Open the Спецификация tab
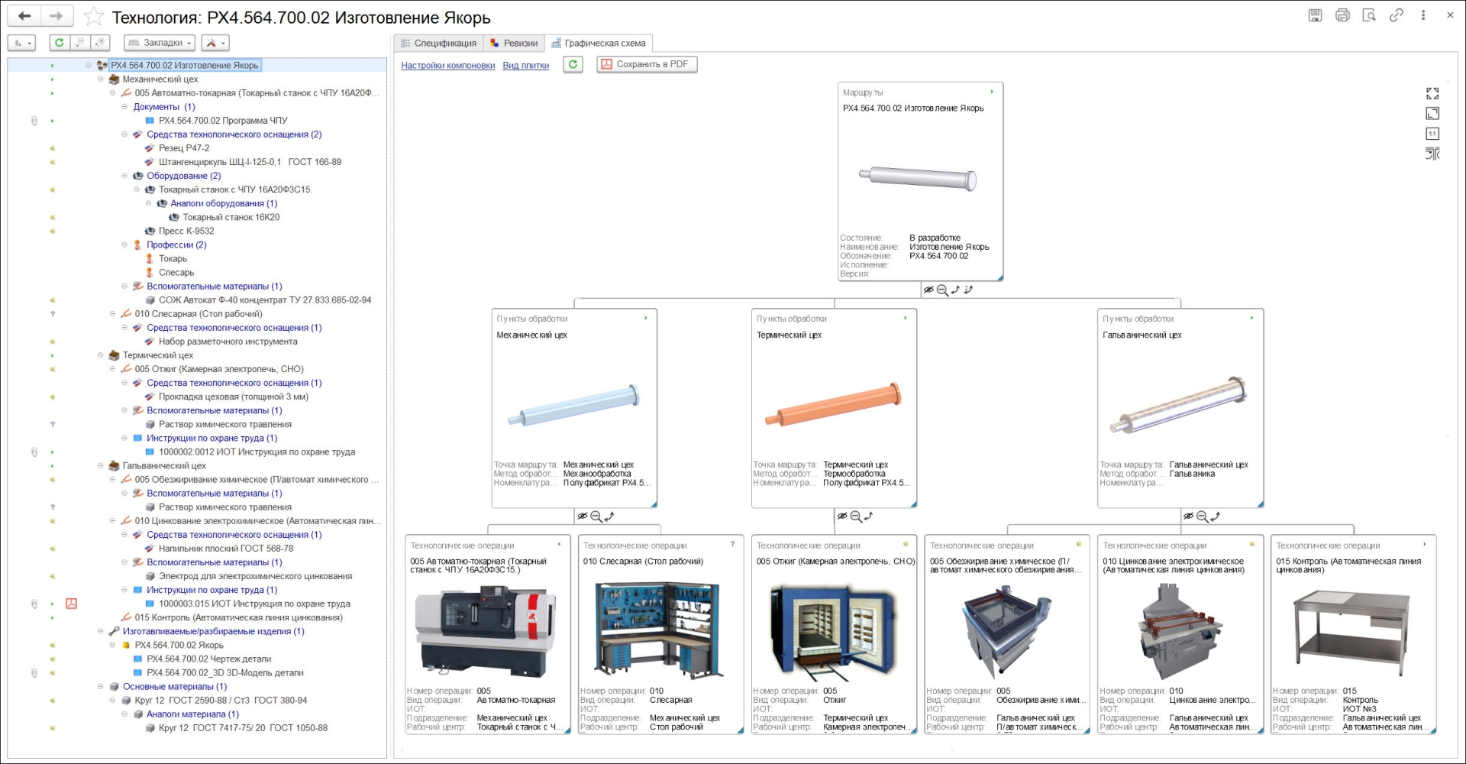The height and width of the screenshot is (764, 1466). pyautogui.click(x=439, y=44)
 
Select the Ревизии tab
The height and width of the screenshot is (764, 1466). pyautogui.click(x=514, y=44)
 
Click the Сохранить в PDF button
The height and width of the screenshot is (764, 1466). pyautogui.click(x=647, y=64)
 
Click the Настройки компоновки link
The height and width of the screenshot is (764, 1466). pyautogui.click(x=448, y=66)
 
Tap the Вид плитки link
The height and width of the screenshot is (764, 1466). pyautogui.click(x=526, y=66)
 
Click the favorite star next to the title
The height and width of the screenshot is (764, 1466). pyautogui.click(x=93, y=16)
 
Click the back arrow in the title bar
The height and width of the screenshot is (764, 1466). pyautogui.click(x=24, y=16)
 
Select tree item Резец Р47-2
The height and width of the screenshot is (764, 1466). pyautogui.click(x=184, y=148)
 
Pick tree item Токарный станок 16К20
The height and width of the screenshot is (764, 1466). pyautogui.click(x=231, y=217)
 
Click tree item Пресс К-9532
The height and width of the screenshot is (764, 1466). pyautogui.click(x=186, y=231)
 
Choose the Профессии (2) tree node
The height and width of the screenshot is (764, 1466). pyautogui.click(x=176, y=244)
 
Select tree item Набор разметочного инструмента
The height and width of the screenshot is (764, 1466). pyautogui.click(x=228, y=342)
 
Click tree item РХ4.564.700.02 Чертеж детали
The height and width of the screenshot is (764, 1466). pyautogui.click(x=208, y=659)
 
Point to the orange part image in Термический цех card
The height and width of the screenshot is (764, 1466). pyautogui.click(x=834, y=404)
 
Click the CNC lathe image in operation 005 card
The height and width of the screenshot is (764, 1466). pyautogui.click(x=486, y=630)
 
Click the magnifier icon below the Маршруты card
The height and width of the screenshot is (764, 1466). pyautogui.click(x=942, y=290)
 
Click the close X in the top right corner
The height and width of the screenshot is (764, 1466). pyautogui.click(x=1450, y=15)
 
